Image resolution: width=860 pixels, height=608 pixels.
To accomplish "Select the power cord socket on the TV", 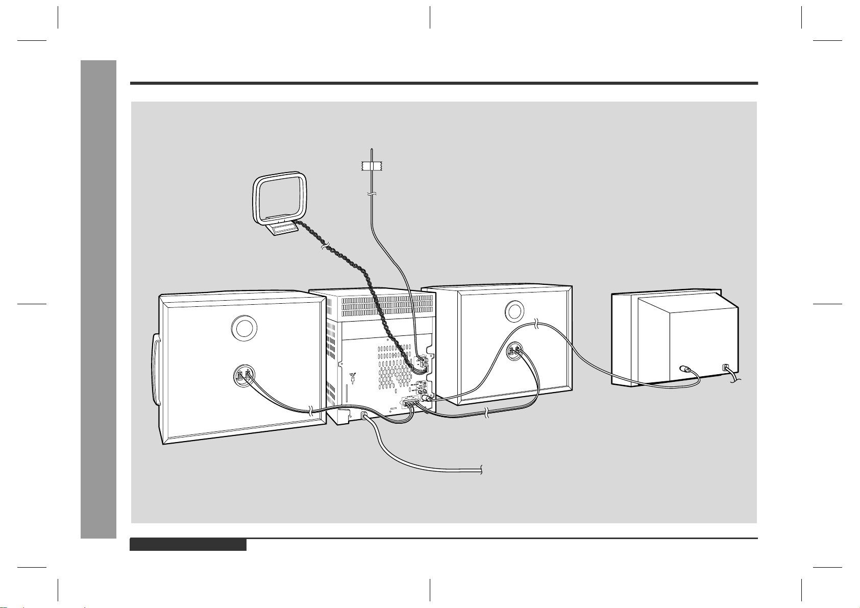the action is pos(725,367).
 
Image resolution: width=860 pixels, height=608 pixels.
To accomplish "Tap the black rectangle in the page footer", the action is pos(188,545).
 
